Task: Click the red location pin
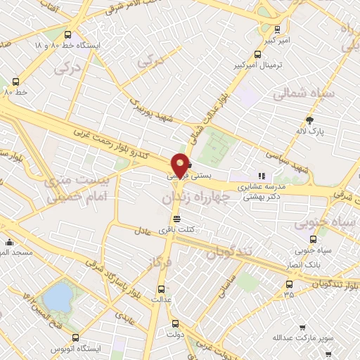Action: tap(181, 164)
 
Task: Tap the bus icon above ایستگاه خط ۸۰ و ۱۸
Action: tap(67, 34)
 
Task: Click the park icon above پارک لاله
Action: tap(309, 120)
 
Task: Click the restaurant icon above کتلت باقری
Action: tap(186, 219)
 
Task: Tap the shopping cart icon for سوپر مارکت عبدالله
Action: tap(303, 328)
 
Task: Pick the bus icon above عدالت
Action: tap(160, 288)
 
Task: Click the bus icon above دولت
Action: tap(175, 324)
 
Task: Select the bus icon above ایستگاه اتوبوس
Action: tap(75, 337)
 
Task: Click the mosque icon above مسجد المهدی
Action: tap(9, 242)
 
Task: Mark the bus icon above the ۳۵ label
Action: tap(289, 285)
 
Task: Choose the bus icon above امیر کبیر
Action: tap(277, 30)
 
